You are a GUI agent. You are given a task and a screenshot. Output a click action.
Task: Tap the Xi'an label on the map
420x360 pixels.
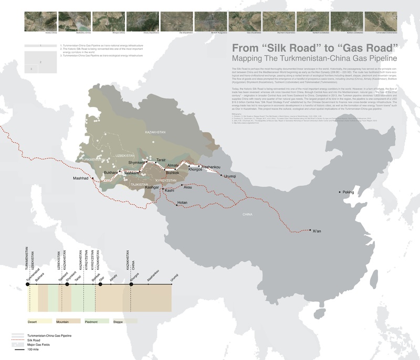[317, 231]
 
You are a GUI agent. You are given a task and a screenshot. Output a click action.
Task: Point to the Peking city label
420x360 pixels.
[348, 192]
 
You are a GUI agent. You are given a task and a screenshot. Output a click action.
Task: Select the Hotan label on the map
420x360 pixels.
[182, 203]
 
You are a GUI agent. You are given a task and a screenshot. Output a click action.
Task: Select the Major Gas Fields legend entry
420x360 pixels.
[37, 344]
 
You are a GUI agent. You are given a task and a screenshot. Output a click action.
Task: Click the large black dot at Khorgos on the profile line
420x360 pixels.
[131, 285]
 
